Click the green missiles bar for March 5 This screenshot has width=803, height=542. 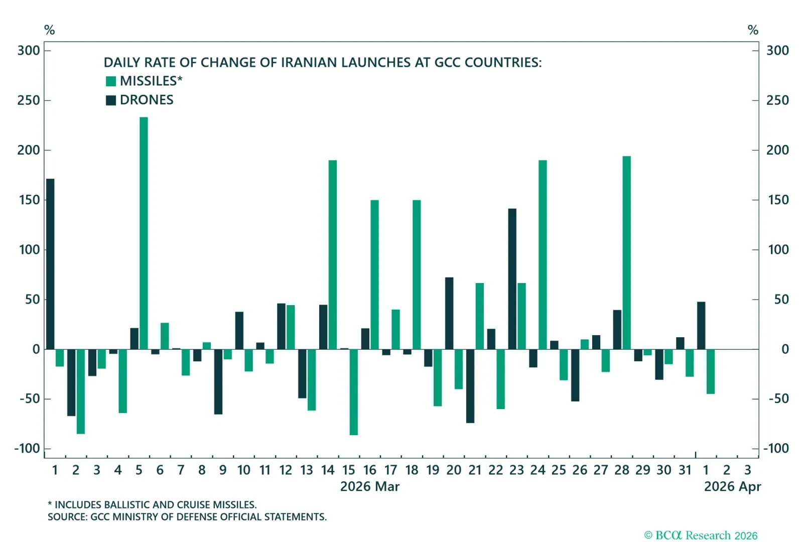pyautogui.click(x=144, y=233)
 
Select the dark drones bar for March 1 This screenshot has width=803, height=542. pyautogui.click(x=50, y=264)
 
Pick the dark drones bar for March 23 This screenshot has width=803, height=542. pyautogui.click(x=512, y=279)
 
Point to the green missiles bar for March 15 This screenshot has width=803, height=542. pyautogui.click(x=353, y=392)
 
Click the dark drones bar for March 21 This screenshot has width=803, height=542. pyautogui.click(x=470, y=386)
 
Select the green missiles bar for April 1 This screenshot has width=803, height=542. pyautogui.click(x=711, y=371)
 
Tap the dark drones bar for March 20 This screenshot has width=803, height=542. pyautogui.click(x=449, y=313)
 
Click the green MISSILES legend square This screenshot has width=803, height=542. pyautogui.click(x=111, y=81)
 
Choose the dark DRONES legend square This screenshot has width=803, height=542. pyautogui.click(x=111, y=100)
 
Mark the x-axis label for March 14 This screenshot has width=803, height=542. pyautogui.click(x=328, y=470)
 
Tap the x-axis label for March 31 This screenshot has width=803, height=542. pyautogui.click(x=685, y=470)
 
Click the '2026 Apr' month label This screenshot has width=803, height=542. pyautogui.click(x=732, y=486)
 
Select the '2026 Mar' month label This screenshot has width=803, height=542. pyautogui.click(x=370, y=486)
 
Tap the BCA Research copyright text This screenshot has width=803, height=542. pyautogui.click(x=701, y=535)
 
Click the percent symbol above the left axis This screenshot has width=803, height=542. pyautogui.click(x=49, y=30)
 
